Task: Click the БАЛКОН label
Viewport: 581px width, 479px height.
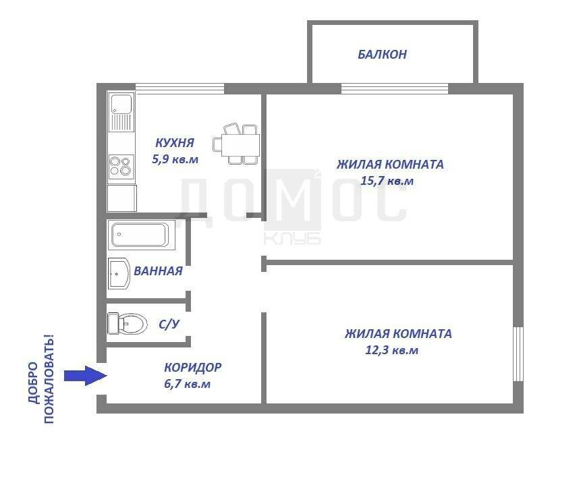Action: pos(382,55)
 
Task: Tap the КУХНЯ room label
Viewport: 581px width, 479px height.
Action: pos(175,142)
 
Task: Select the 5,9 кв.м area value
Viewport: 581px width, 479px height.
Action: pos(175,159)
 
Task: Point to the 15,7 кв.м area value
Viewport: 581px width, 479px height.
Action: pos(387,181)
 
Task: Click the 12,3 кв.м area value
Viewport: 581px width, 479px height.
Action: pos(392,350)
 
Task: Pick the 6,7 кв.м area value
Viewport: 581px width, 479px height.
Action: pos(187,383)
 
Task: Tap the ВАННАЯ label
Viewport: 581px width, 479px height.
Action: pos(158,271)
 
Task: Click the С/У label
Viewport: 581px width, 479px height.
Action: pos(169,325)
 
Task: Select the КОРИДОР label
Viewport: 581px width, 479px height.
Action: pos(193,367)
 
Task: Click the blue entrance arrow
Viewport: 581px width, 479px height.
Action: pos(86,376)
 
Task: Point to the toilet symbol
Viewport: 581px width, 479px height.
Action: pos(127,323)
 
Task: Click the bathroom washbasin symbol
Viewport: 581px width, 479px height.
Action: pos(119,273)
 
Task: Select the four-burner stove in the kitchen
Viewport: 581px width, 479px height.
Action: pos(121,167)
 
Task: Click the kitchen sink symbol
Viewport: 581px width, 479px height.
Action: pos(121,112)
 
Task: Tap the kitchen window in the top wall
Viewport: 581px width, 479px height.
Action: pos(179,88)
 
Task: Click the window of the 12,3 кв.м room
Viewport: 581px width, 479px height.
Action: pos(518,354)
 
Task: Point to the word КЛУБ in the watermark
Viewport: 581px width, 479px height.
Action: pos(293,239)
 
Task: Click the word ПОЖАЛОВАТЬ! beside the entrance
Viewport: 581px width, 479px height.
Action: pos(49,379)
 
